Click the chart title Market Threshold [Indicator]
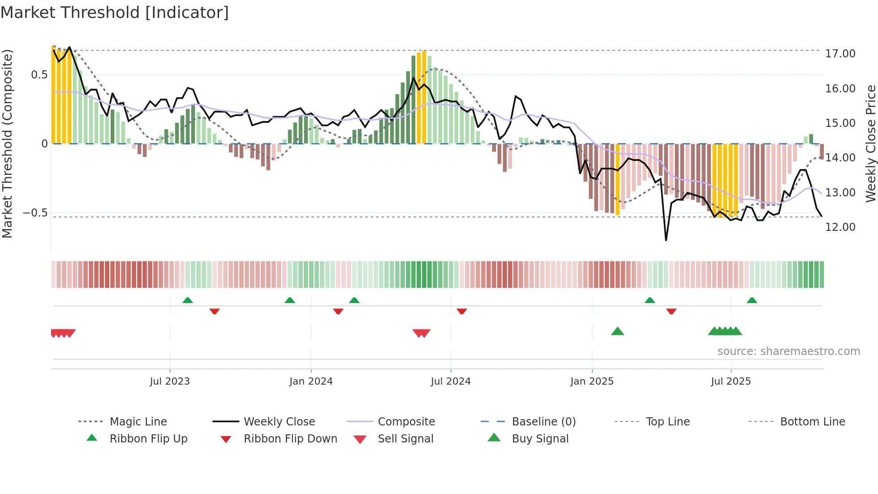(x=115, y=13)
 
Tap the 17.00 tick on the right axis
(x=840, y=54)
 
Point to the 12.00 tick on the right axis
(x=840, y=227)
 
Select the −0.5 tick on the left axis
(x=35, y=213)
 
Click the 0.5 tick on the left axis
(x=39, y=75)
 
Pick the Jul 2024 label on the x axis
(x=451, y=381)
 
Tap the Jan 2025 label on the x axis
(x=592, y=381)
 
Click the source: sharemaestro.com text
(x=788, y=351)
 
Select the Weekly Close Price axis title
(x=870, y=143)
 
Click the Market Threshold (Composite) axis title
(x=7, y=143)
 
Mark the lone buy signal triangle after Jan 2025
(x=617, y=331)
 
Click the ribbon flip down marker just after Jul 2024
(x=462, y=311)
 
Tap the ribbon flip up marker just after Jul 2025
(x=752, y=300)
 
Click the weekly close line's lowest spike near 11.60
(x=666, y=240)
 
